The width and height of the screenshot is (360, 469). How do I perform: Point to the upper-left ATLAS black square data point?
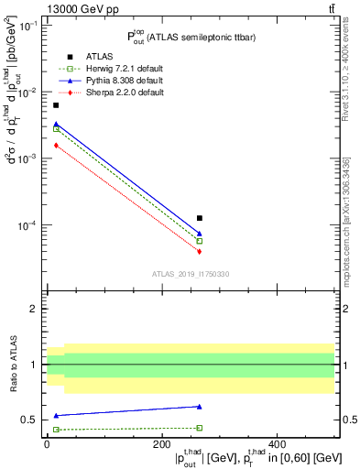point(56,105)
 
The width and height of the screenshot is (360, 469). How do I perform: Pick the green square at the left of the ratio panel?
point(56,430)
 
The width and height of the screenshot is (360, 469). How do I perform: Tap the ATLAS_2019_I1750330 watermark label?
point(191,274)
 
